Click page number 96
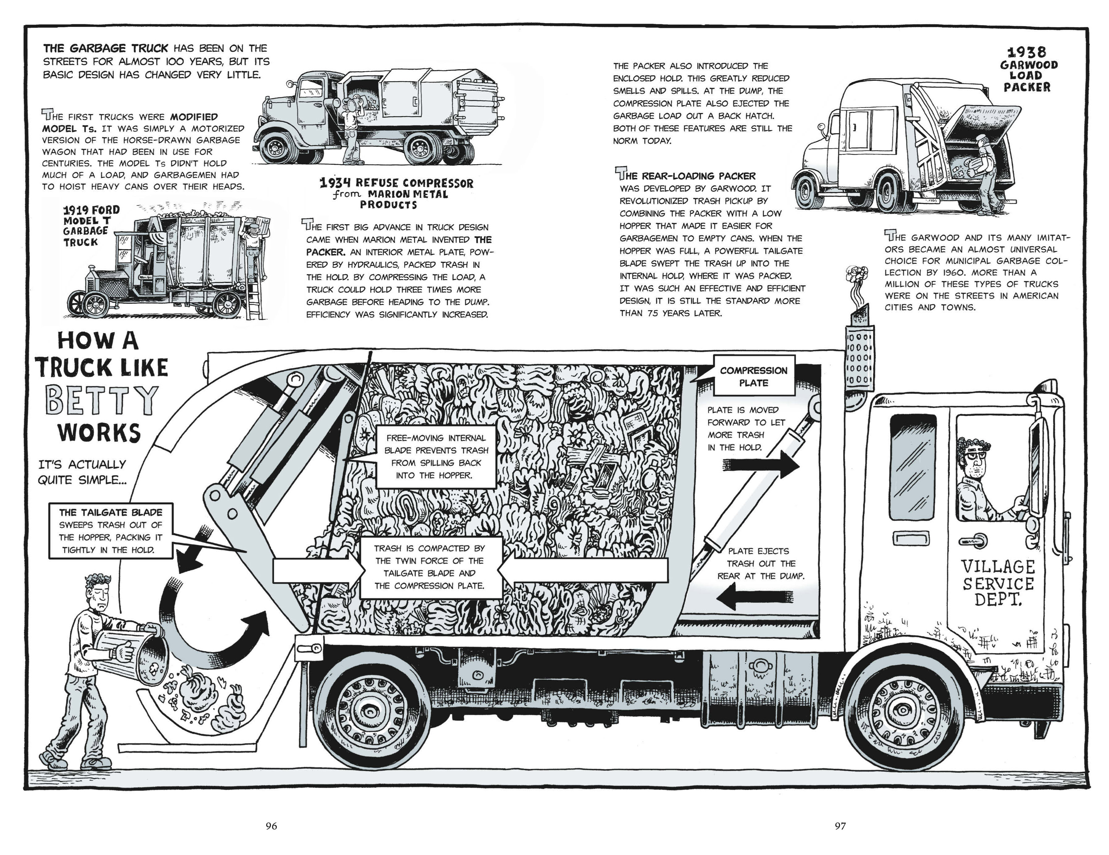[272, 826]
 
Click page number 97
[840, 826]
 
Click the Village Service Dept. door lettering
[998, 583]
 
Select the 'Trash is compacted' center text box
[430, 567]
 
